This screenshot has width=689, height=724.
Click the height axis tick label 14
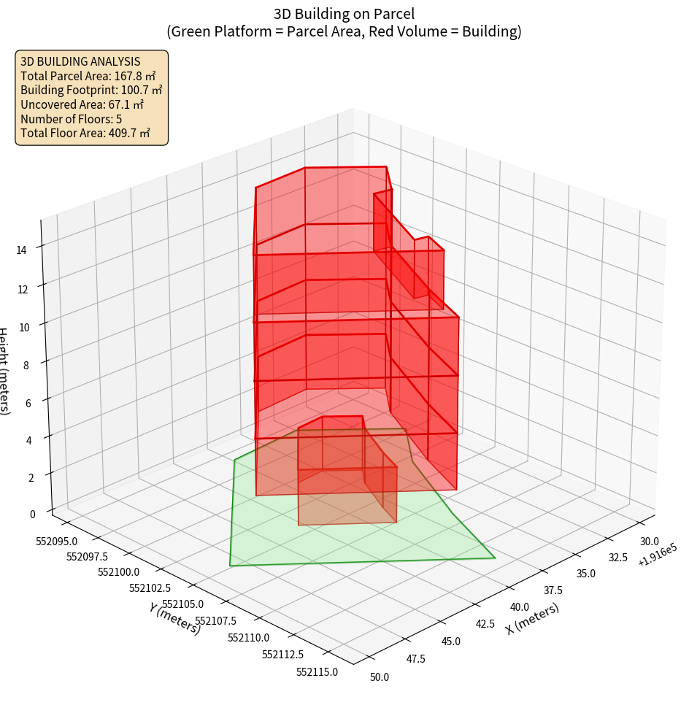coord(21,250)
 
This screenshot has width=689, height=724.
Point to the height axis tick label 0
coord(31,514)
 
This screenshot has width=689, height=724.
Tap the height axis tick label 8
coord(26,364)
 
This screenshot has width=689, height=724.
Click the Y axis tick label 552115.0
coord(317,672)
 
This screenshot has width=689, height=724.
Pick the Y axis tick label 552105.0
coord(183,604)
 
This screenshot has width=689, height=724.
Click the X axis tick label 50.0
coord(380,677)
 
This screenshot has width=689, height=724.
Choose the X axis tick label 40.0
coord(520,607)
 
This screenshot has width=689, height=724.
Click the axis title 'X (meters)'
coord(532,618)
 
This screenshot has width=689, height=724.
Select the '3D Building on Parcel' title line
coord(344,14)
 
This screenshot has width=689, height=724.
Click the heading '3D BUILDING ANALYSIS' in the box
coord(80,62)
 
